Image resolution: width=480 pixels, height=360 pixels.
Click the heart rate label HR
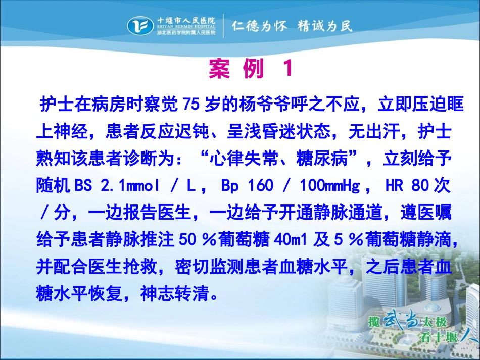pyautogui.click(x=394, y=185)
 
